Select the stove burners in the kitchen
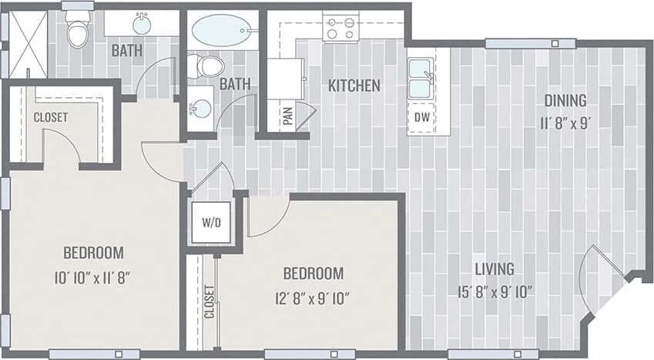click(x=340, y=28)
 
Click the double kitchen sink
click(x=420, y=79)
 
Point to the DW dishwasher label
click(x=421, y=117)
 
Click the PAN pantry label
click(x=287, y=116)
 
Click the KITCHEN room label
click(x=354, y=86)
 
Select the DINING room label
click(x=565, y=100)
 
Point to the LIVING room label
click(x=494, y=269)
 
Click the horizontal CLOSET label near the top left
click(x=50, y=117)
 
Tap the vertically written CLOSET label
click(x=209, y=303)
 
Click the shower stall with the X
click(x=28, y=43)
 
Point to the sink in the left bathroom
click(x=142, y=25)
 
